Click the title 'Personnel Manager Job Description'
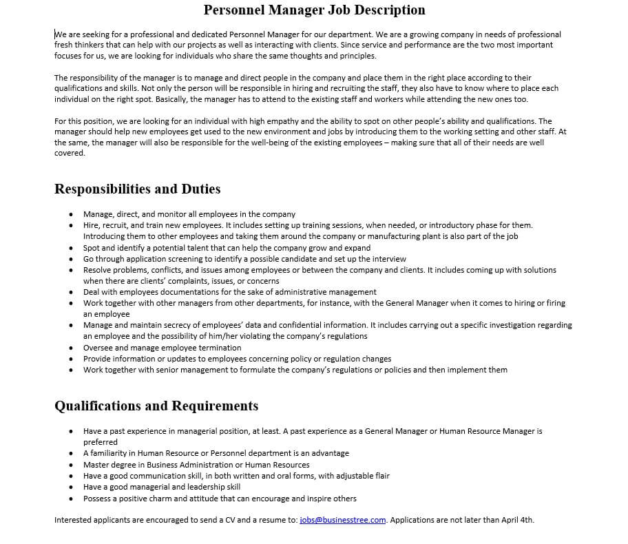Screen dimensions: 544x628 coord(314,10)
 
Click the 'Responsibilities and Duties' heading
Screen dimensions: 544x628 coord(137,189)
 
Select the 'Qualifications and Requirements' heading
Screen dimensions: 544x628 coord(156,406)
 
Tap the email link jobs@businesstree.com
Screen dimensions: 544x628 coord(342,520)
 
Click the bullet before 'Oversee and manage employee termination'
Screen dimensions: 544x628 coord(71,348)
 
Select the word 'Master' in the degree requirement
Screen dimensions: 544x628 coord(96,465)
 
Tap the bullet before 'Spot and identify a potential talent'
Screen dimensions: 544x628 coord(71,248)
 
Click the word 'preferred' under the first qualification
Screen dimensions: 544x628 coord(101,442)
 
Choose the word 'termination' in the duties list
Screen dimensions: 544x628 coord(219,348)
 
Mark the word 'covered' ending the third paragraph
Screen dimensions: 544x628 coord(69,153)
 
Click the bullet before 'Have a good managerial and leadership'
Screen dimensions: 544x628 coord(71,487)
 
